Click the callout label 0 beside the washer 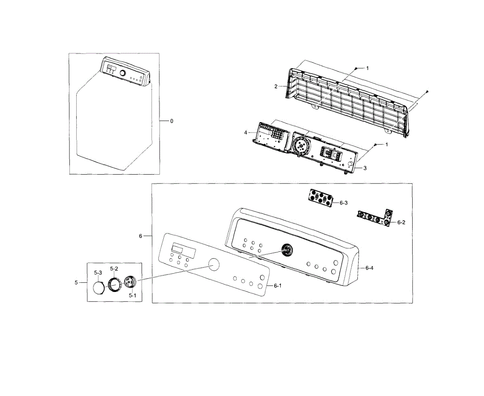click(x=171, y=121)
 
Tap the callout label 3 click(x=365, y=168)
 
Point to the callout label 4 click(x=245, y=132)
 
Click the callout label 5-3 click(x=98, y=273)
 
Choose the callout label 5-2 click(x=114, y=269)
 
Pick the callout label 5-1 click(x=132, y=295)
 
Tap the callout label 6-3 click(x=343, y=203)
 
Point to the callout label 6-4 click(x=369, y=267)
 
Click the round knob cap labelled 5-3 click(x=98, y=288)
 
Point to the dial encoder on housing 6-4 click(x=287, y=250)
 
